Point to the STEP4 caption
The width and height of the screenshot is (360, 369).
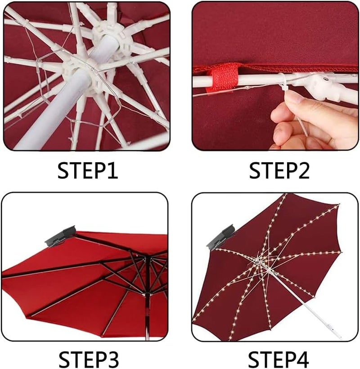[x=279, y=360]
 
